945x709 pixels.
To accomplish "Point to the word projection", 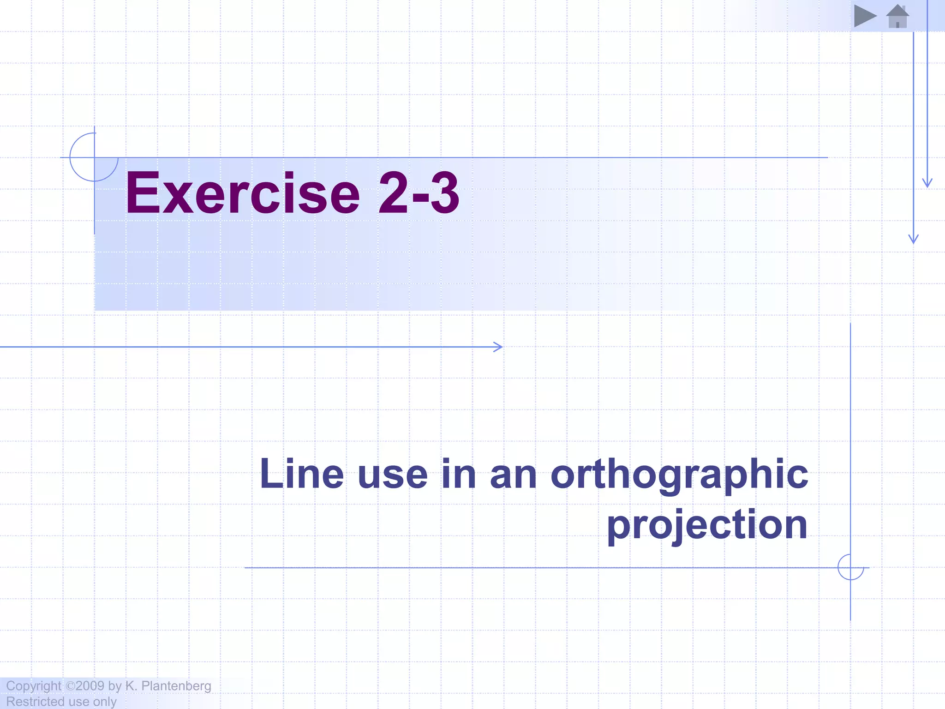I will pyautogui.click(x=707, y=525).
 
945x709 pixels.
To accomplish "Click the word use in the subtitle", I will pyautogui.click(x=393, y=474).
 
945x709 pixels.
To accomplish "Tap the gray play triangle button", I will pyautogui.click(x=864, y=16).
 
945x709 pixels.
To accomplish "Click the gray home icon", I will pyautogui.click(x=897, y=17).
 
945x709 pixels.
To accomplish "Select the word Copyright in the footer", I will pyautogui.click(x=34, y=686).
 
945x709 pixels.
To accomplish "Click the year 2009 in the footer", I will pyautogui.click(x=90, y=686).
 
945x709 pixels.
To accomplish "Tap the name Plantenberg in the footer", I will pyautogui.click(x=176, y=686).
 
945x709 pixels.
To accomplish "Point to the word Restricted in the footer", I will pyautogui.click(x=35, y=702).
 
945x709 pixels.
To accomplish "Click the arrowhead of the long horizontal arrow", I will pyautogui.click(x=498, y=347).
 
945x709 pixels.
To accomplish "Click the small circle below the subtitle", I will pyautogui.click(x=850, y=567).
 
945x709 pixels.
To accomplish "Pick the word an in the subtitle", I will pyautogui.click(x=513, y=474).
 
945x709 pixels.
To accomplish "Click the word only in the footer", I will pyautogui.click(x=105, y=702).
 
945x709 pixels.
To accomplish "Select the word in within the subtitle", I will pyautogui.click(x=459, y=474).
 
